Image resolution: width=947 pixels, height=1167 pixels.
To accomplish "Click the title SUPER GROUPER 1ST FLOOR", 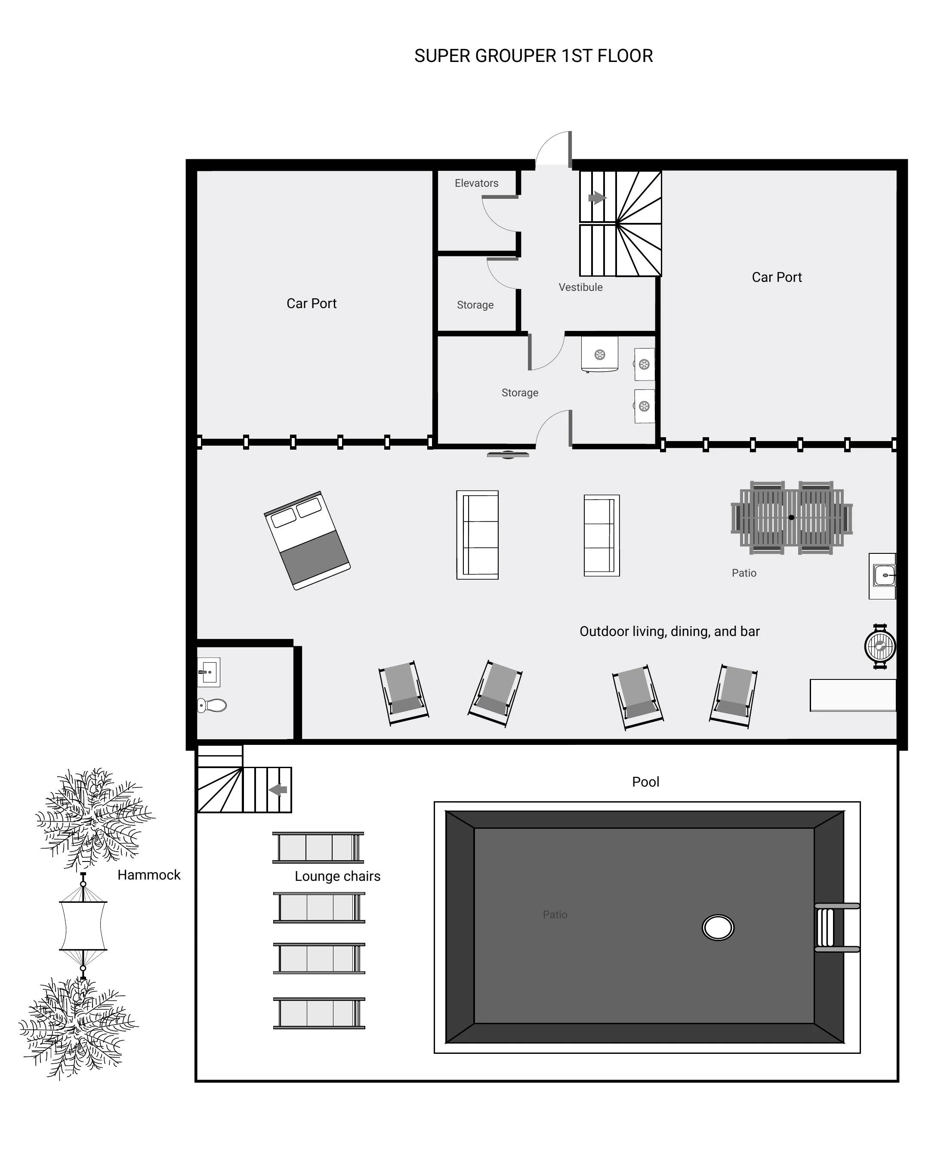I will coord(533,56).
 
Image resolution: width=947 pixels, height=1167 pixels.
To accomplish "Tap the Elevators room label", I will coord(476,183).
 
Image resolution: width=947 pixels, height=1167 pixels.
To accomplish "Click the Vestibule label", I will coord(580,287).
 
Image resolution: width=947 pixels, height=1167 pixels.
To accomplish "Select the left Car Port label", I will coord(311,303).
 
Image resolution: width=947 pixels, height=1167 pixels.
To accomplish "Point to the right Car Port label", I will coord(776,277).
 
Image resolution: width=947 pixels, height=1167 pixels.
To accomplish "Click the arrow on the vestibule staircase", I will coord(597,198).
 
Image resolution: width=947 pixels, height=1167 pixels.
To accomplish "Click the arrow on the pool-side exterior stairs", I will coord(278,790).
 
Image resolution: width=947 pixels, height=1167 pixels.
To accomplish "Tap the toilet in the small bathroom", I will coord(212,705).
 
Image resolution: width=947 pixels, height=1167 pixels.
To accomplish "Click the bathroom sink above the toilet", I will coord(208,672).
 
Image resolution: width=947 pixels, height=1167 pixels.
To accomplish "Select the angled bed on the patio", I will coord(307,540).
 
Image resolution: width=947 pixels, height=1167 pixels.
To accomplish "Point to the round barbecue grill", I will coord(879,646).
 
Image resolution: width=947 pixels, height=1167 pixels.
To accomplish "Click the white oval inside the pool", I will coord(717,927).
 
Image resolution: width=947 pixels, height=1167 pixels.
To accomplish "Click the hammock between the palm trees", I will coord(83,926).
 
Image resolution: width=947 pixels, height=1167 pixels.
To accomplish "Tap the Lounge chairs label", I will coord(337,876).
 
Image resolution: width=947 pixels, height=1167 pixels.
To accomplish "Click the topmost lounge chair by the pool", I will coord(318,848).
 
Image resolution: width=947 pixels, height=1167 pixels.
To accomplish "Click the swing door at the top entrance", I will coord(554,148).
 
